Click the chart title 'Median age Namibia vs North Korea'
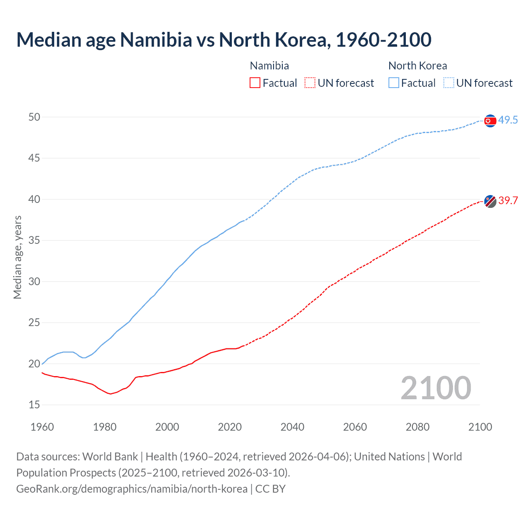(x=224, y=40)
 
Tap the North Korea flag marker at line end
(x=490, y=121)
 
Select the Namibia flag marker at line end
(x=490, y=201)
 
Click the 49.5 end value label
(x=508, y=120)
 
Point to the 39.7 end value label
(x=508, y=201)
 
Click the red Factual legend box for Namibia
(x=255, y=83)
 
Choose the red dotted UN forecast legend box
(x=310, y=83)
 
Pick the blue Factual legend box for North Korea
(x=394, y=83)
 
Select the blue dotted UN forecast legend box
(x=448, y=83)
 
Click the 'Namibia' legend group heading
(x=269, y=66)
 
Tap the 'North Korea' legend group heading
(x=417, y=66)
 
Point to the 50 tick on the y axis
(x=34, y=117)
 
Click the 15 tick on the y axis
(x=34, y=405)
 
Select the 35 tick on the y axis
(x=34, y=241)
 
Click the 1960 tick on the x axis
(x=42, y=427)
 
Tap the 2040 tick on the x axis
(x=292, y=427)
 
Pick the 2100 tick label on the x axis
(x=480, y=427)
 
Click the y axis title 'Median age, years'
(x=17, y=257)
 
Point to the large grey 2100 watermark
(x=436, y=388)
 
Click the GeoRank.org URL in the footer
(x=132, y=489)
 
